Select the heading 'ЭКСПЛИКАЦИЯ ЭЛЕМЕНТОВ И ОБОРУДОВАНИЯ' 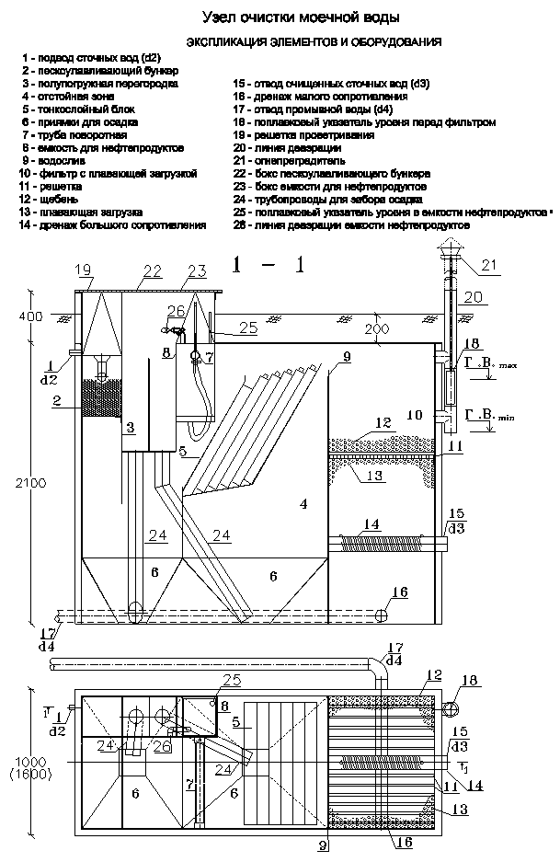(x=314, y=41)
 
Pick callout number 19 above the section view (x=84, y=270)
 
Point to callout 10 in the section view (x=415, y=414)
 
